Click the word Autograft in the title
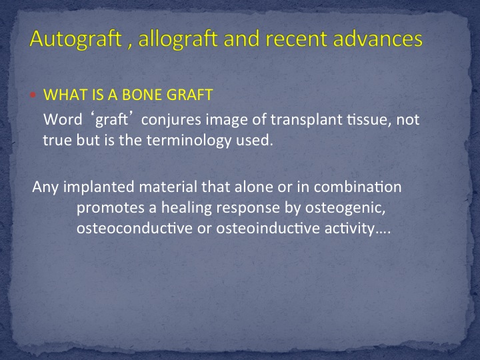click(76, 39)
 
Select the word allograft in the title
click(178, 39)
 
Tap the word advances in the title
click(378, 39)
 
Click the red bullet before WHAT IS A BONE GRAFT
click(33, 95)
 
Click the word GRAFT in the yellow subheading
click(189, 95)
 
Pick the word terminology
click(189, 141)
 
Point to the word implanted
click(99, 187)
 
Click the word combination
click(357, 187)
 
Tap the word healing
click(187, 208)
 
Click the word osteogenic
click(345, 208)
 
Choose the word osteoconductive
click(135, 229)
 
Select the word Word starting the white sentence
click(63, 119)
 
